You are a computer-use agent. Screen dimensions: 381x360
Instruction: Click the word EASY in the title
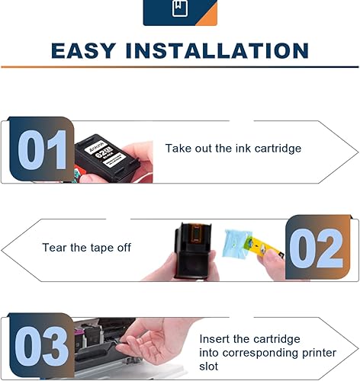click(x=82, y=50)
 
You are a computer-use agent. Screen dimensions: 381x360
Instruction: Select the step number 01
click(x=41, y=150)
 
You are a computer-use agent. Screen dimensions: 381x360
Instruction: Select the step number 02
click(x=317, y=248)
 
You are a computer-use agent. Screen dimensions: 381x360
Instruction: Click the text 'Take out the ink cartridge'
click(x=233, y=149)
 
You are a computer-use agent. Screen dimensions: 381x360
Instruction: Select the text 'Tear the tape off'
click(x=85, y=248)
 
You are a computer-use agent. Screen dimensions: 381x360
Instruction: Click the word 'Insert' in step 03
click(x=216, y=338)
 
